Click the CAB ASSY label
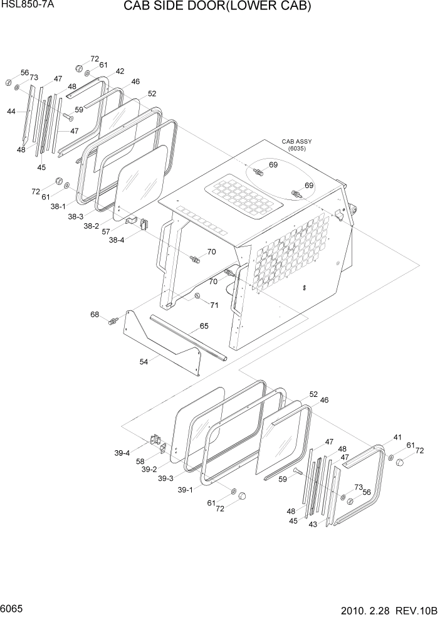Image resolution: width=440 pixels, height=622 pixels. click(296, 142)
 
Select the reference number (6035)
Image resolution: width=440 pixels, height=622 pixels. click(296, 149)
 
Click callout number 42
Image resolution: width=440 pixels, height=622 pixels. click(120, 71)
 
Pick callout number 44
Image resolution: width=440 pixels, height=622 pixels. click(11, 112)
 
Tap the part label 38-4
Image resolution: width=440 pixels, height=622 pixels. click(117, 239)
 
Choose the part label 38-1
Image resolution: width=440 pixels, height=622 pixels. click(58, 205)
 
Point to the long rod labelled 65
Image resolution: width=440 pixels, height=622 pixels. click(186, 340)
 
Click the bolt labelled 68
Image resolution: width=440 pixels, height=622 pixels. click(113, 322)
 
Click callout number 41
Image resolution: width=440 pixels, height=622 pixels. click(397, 437)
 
